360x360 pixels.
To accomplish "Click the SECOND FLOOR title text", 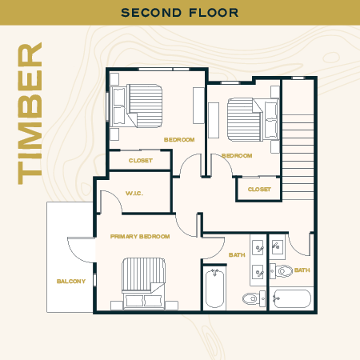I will (179, 12).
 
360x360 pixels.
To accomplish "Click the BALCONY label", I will (71, 281).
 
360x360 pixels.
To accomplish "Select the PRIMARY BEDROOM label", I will (140, 237).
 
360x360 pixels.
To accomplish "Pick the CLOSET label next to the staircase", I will (259, 190).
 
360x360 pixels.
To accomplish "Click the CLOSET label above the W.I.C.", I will (140, 160).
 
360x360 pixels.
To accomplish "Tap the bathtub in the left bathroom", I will (214, 290).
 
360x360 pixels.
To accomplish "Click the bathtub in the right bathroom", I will (291, 299).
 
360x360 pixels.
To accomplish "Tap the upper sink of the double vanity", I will (258, 247).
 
